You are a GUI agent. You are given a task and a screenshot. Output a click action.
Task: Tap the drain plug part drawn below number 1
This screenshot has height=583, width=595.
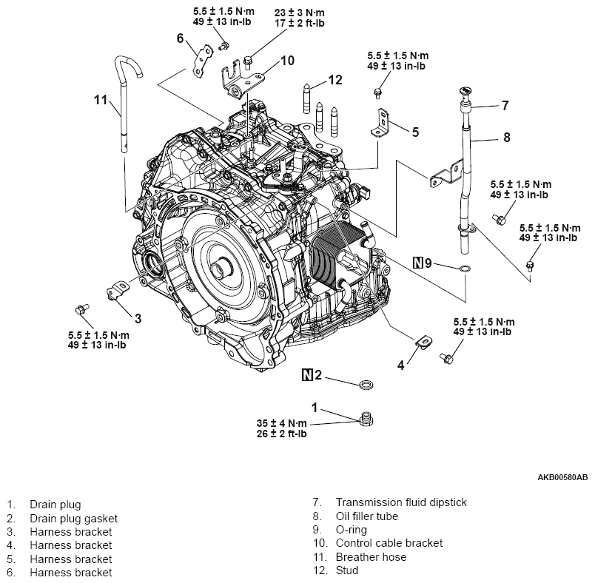pos(364,419)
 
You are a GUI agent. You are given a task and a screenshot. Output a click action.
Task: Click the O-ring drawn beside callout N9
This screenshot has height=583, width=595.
pos(463,268)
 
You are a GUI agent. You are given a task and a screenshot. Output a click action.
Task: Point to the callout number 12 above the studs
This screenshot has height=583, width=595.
pos(336,80)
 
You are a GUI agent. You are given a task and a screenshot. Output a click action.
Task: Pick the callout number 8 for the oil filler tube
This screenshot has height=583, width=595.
pos(506,136)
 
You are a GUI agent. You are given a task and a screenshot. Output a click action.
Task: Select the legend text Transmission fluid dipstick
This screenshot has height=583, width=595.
pos(391,502)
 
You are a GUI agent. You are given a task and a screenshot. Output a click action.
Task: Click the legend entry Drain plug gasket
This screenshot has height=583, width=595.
pos(73,518)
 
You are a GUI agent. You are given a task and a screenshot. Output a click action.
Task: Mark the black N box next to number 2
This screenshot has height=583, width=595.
pos(307,375)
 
